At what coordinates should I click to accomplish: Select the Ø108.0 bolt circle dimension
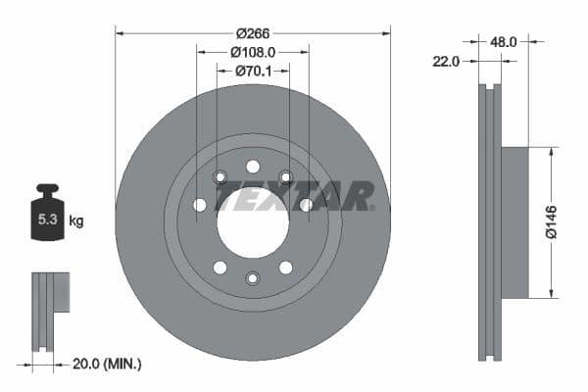[253, 51]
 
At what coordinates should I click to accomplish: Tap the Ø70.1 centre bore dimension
[253, 71]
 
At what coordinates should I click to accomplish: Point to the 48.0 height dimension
[503, 42]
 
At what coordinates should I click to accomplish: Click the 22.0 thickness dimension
[446, 62]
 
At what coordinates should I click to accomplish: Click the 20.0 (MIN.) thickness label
[108, 364]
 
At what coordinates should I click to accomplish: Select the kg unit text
[76, 220]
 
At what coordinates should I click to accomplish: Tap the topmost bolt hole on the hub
[253, 166]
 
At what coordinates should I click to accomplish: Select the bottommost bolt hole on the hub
[253, 278]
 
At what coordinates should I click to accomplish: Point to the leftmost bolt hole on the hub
[200, 205]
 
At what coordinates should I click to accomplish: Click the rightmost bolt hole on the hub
[306, 205]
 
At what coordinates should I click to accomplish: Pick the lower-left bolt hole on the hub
[220, 268]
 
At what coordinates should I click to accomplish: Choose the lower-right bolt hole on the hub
[285, 268]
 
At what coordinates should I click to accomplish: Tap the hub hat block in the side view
[514, 222]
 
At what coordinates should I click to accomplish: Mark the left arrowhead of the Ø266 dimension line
[119, 31]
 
